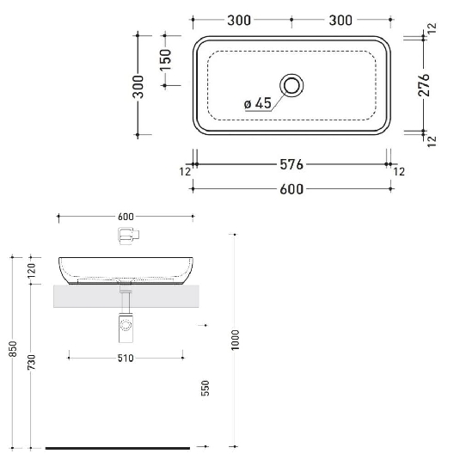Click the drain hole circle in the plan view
pyautogui.click(x=292, y=84)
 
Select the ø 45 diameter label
pyautogui.click(x=258, y=103)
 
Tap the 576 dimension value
pyautogui.click(x=292, y=163)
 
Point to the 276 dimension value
pyautogui.click(x=423, y=83)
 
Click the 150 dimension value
pyautogui.click(x=166, y=60)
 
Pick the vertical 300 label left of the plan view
pyautogui.click(x=138, y=84)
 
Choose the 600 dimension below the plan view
pyautogui.click(x=292, y=189)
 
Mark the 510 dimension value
pyautogui.click(x=126, y=358)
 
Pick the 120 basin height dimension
pyautogui.click(x=34, y=270)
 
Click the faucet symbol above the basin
pyautogui.click(x=127, y=235)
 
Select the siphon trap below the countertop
pyautogui.click(x=126, y=325)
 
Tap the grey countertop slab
pyautogui.click(x=86, y=297)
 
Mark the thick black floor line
pyautogui.click(x=116, y=448)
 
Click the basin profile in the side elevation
pyautogui.click(x=126, y=268)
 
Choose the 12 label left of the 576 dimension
pyautogui.click(x=185, y=172)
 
